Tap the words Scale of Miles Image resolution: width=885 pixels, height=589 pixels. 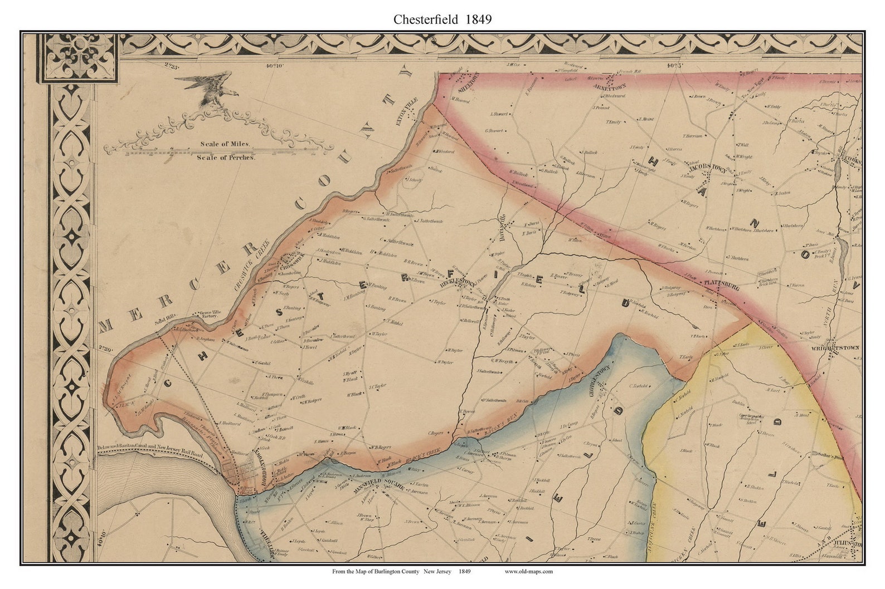point(225,144)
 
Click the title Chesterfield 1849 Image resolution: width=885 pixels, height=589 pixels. point(442,19)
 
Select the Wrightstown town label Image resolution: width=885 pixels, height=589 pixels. point(839,347)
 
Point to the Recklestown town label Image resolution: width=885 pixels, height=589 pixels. point(458,283)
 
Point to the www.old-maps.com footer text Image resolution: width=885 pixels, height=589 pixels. point(528,571)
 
